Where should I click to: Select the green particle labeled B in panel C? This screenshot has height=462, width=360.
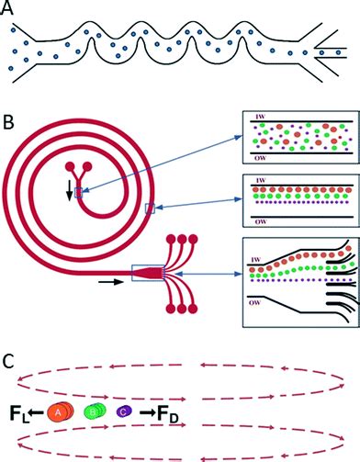94,413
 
